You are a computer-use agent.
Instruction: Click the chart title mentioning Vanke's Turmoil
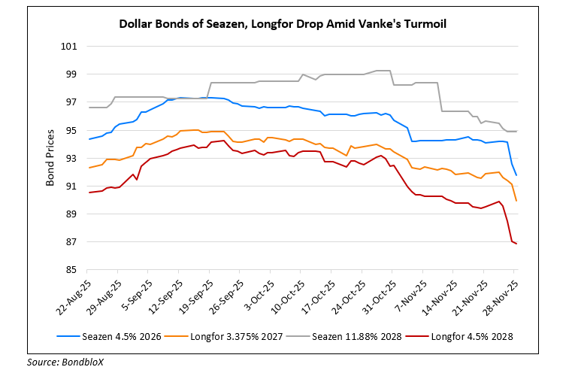click(x=282, y=23)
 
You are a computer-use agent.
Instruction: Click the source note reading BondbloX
click(x=56, y=362)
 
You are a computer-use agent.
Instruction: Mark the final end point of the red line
click(x=516, y=244)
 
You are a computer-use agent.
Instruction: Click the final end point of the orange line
click(x=516, y=201)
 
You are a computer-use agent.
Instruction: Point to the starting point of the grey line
click(x=89, y=108)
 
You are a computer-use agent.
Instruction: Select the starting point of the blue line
click(x=89, y=139)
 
